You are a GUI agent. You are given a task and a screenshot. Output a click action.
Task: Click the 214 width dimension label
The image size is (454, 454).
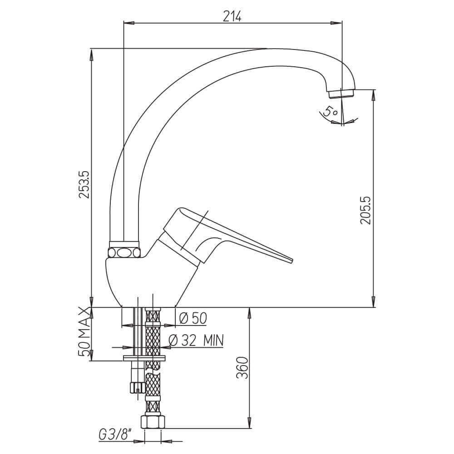point(232,17)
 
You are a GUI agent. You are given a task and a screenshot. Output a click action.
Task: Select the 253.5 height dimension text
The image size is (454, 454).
point(85,184)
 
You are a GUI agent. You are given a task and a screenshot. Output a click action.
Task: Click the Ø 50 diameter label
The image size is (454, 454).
point(193,318)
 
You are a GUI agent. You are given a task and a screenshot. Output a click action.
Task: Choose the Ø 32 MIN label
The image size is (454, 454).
point(196,340)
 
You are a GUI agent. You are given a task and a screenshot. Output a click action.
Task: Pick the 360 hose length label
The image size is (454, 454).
point(242,368)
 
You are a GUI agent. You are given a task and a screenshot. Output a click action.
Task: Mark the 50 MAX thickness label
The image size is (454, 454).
point(84,332)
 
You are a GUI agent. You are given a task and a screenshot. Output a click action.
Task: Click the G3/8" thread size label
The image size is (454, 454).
point(115,435)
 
